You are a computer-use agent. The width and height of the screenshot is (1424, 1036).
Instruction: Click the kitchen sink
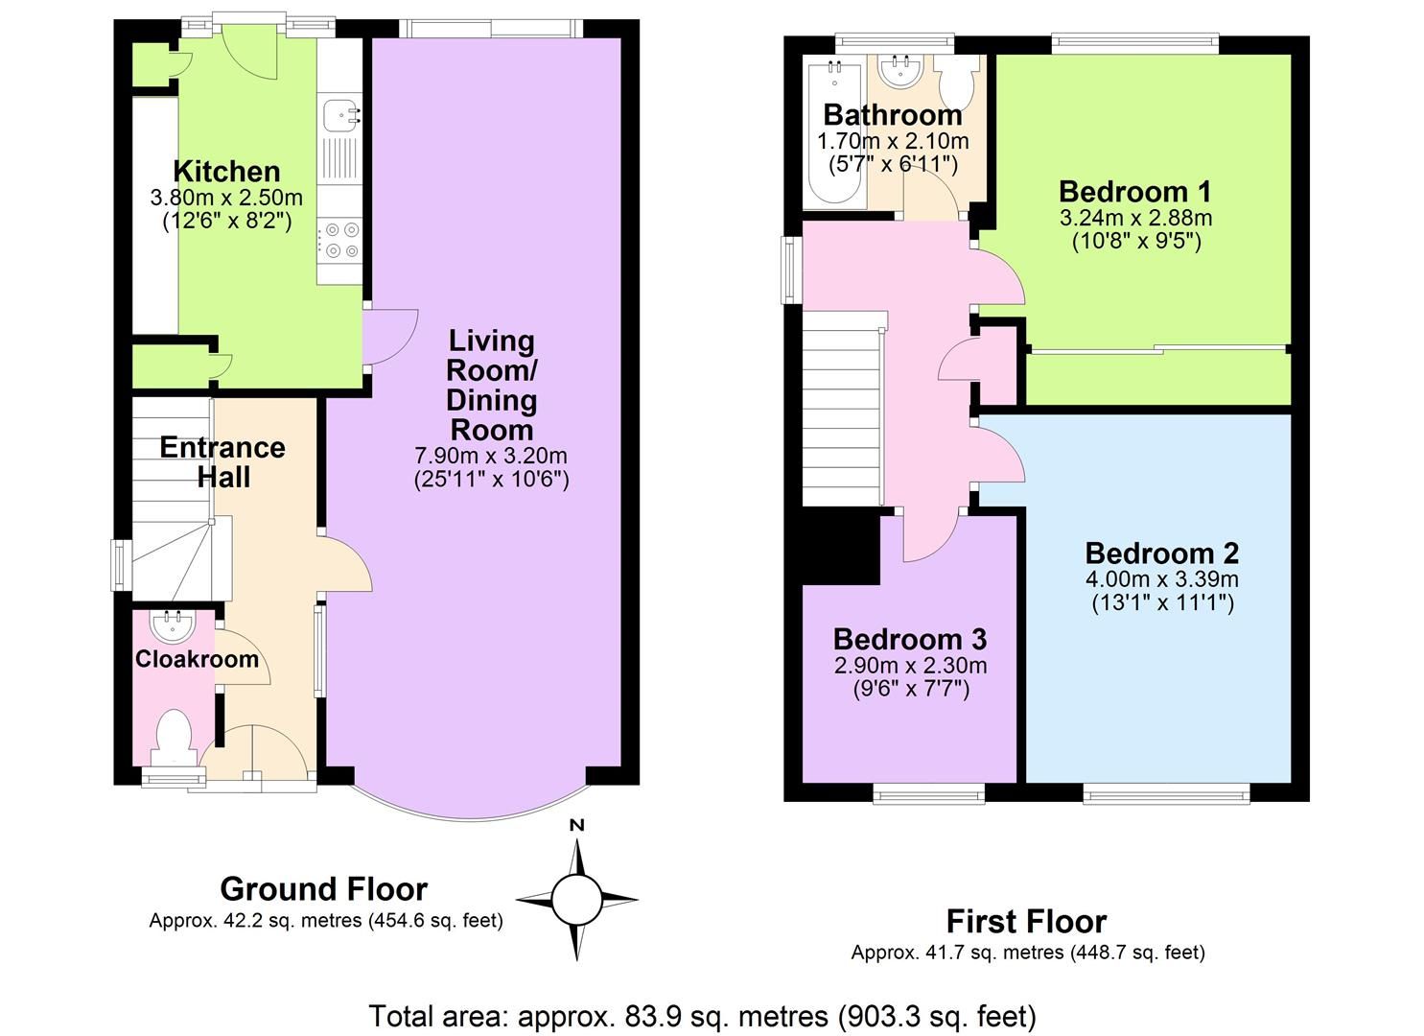(340, 115)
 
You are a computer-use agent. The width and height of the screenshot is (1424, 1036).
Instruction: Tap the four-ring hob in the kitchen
(341, 240)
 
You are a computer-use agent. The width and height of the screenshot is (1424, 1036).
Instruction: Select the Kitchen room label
(226, 172)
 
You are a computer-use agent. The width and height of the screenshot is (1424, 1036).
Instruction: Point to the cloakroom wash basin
(173, 626)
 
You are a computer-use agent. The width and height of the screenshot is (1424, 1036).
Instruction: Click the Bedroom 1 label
(1135, 191)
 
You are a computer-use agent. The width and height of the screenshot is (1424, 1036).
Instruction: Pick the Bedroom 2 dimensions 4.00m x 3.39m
(1161, 579)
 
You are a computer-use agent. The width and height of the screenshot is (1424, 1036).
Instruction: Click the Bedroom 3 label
(909, 639)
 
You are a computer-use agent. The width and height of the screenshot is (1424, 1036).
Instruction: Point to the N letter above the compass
(576, 825)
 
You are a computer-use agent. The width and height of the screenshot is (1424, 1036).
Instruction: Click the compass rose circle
(576, 900)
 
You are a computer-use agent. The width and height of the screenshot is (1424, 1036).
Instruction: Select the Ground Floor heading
(323, 889)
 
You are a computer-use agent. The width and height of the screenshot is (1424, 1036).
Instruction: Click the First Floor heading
(1026, 922)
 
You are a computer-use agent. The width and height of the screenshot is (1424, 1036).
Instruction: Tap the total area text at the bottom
(702, 1015)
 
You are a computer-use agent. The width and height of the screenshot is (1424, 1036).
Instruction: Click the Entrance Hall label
(222, 462)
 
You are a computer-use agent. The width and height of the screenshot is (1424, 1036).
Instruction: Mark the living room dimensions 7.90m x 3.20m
(491, 456)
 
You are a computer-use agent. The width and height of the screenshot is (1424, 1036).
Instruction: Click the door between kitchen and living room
(388, 336)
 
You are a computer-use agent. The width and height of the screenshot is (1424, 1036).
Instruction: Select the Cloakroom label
(197, 659)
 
